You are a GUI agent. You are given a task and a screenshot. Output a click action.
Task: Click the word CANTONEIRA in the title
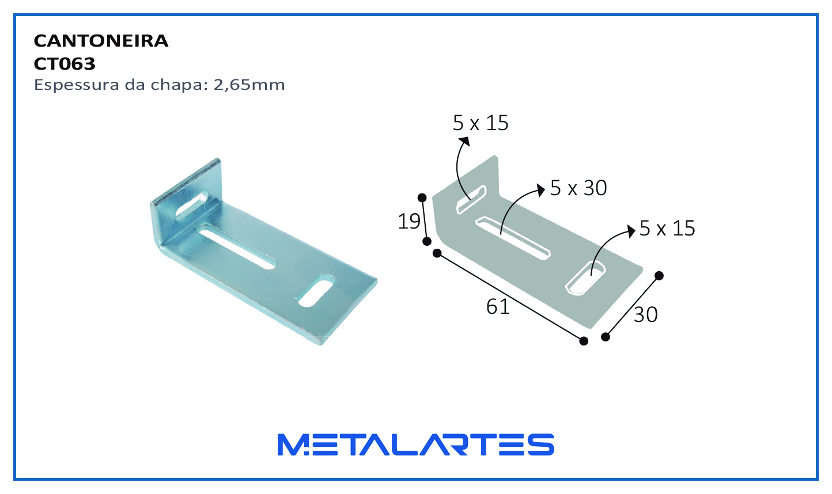point(101,41)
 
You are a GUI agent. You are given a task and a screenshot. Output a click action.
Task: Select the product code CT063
point(65,64)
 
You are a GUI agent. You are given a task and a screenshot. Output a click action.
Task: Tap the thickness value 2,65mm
point(249,85)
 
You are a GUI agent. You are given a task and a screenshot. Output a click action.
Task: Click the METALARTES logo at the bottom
point(416,444)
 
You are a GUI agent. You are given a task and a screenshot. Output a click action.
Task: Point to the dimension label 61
point(498,307)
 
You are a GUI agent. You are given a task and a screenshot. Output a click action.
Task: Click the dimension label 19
point(409,221)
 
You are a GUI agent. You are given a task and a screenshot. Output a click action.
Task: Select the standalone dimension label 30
point(645,315)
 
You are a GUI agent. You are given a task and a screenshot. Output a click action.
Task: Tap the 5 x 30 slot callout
point(578,188)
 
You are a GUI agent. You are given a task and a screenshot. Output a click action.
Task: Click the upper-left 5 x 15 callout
point(481,123)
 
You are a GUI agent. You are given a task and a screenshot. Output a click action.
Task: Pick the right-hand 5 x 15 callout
point(667,228)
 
